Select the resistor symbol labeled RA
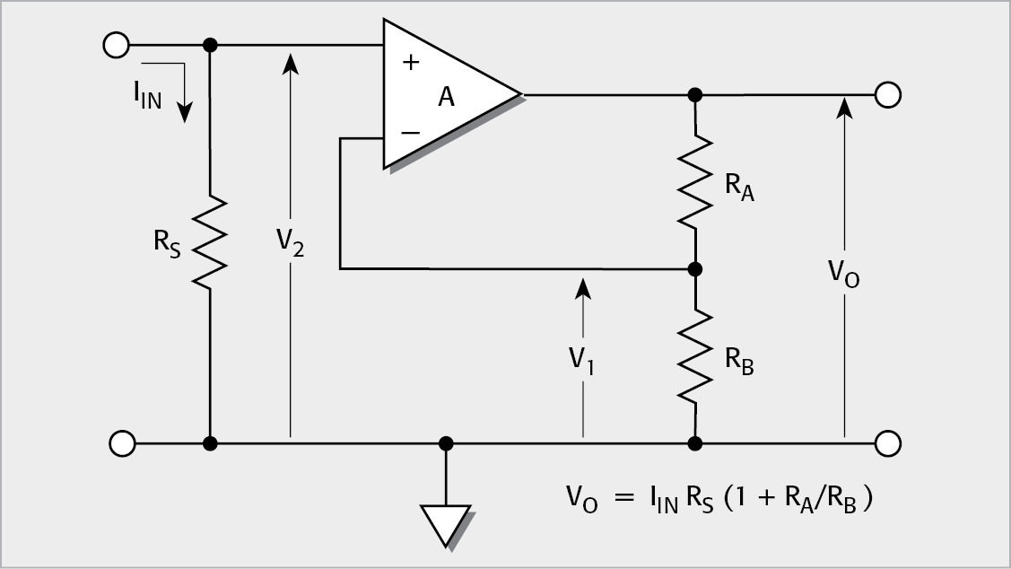(694, 180)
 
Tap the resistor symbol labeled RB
(694, 355)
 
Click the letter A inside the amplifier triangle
(446, 98)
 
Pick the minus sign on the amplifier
(411, 132)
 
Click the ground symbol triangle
(446, 523)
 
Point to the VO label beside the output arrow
(843, 273)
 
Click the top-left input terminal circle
(118, 44)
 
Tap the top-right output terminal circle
(887, 94)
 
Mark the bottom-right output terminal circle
(887, 443)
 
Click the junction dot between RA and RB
(694, 268)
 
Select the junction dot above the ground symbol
(446, 443)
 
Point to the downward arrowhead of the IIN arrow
(185, 112)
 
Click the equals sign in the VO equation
(618, 496)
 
